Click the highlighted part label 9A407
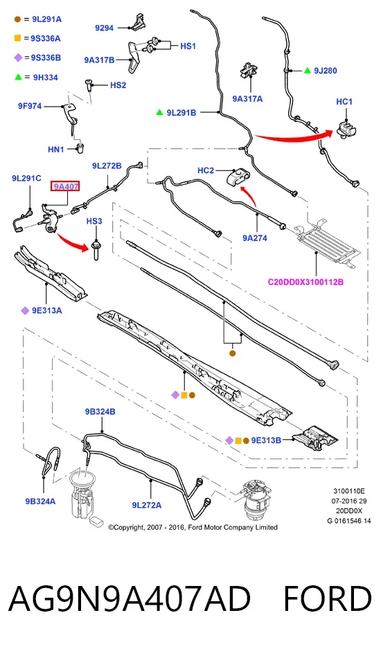(65, 187)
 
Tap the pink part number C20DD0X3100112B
(305, 283)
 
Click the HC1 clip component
(346, 128)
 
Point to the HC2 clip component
(238, 178)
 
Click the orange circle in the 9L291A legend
(17, 19)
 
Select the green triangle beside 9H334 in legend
(18, 77)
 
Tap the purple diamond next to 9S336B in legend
(18, 57)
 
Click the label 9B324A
(40, 501)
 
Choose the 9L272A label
(147, 505)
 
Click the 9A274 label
(255, 238)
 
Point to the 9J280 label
(325, 71)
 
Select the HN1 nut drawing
(80, 148)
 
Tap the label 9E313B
(266, 440)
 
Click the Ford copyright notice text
(193, 527)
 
